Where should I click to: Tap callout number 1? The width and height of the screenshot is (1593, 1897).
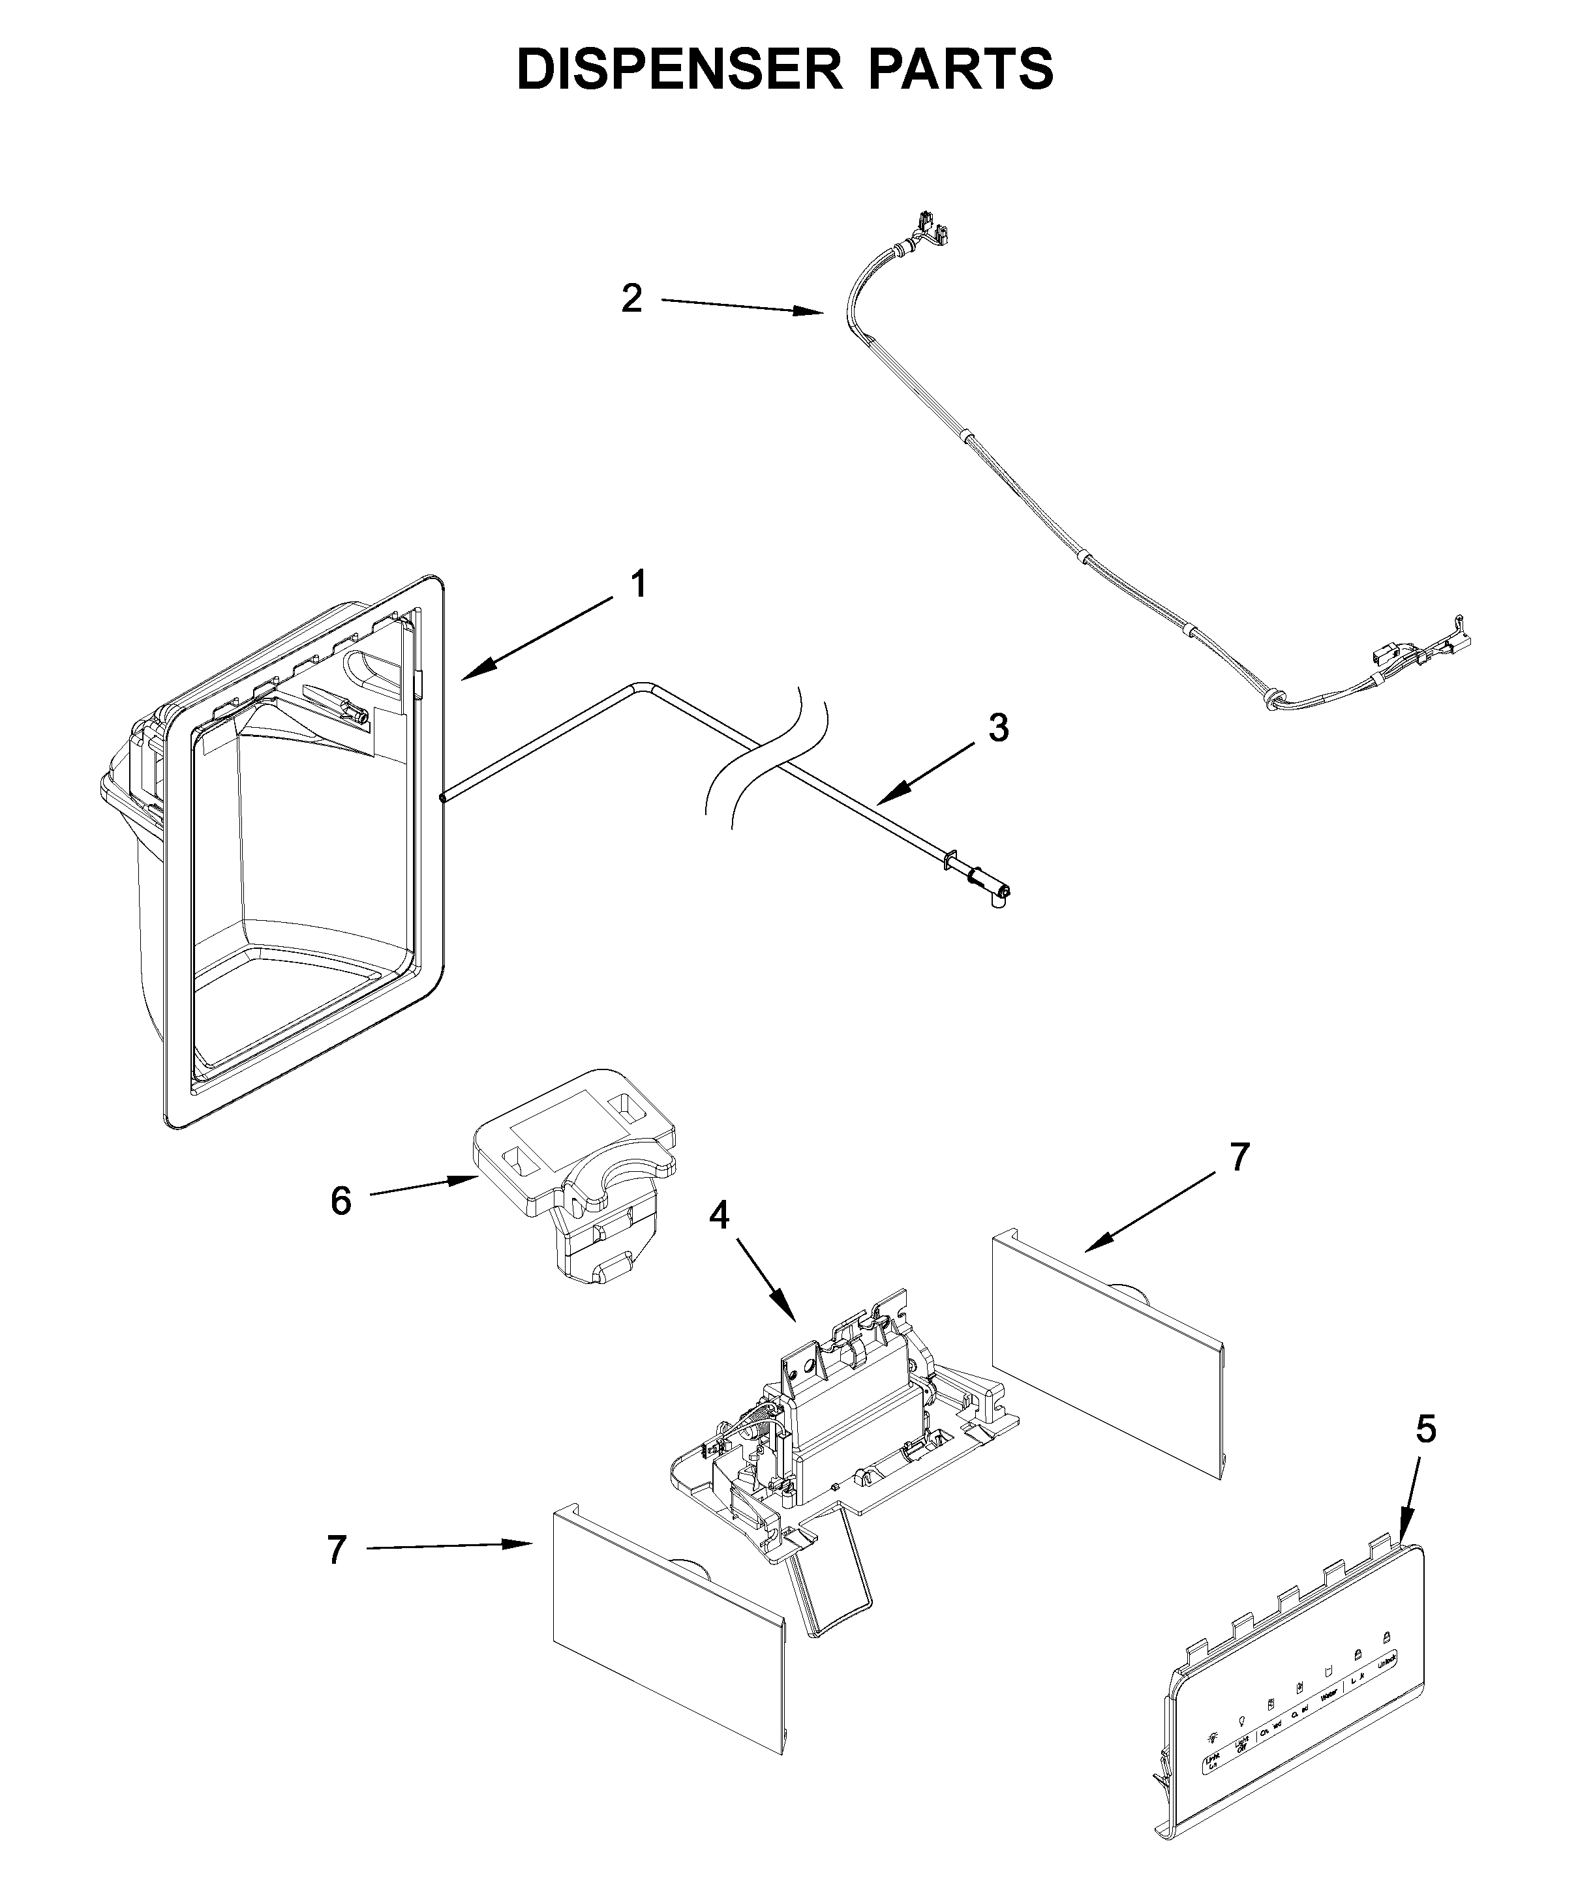click(638, 584)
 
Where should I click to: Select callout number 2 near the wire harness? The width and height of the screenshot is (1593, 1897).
click(631, 298)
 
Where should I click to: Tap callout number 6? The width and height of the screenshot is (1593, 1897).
click(341, 1201)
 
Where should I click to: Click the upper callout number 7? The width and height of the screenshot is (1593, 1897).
click(1239, 1156)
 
